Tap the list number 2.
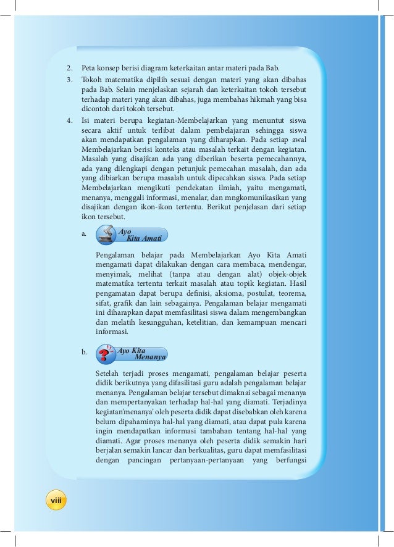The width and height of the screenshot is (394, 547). pyautogui.click(x=70, y=67)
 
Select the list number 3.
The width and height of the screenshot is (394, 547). pyautogui.click(x=70, y=80)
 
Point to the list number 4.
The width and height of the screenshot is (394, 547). pyautogui.click(x=70, y=120)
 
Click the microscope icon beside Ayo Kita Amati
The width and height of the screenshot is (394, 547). pyautogui.click(x=106, y=235)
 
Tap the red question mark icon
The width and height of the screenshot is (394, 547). pyautogui.click(x=106, y=354)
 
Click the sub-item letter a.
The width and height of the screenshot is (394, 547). pyautogui.click(x=83, y=235)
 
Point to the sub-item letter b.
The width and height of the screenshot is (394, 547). pyautogui.click(x=83, y=353)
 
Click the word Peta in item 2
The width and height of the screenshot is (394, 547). pyautogui.click(x=89, y=67)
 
